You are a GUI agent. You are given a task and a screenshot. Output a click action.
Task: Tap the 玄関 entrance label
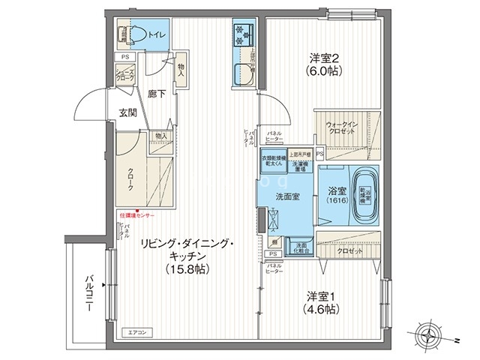click(x=127, y=113)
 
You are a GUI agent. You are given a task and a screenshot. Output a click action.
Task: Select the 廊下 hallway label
click(x=157, y=94)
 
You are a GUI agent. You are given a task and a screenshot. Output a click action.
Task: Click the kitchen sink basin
click(x=244, y=76)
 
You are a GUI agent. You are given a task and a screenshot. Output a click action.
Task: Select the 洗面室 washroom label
click(x=287, y=196)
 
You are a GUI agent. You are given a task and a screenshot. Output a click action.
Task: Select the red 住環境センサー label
click(x=137, y=214)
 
